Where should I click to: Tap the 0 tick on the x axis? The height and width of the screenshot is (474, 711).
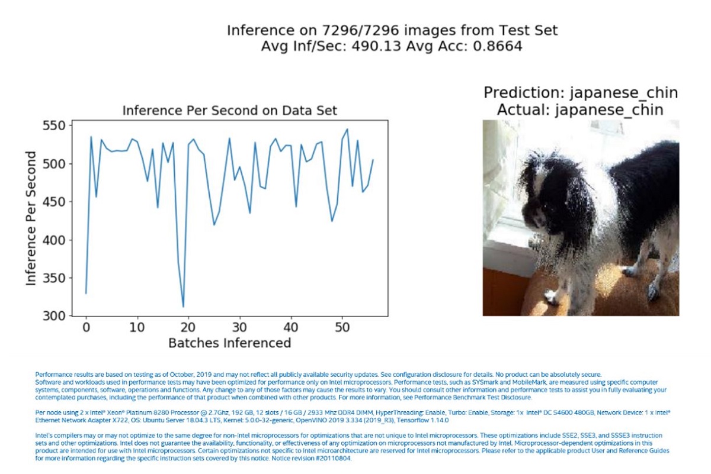(x=86, y=327)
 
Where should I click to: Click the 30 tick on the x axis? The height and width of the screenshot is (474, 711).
(x=239, y=327)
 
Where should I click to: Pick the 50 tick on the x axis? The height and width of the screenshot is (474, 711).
(x=342, y=327)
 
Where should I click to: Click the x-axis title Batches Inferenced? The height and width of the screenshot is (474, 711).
(x=229, y=343)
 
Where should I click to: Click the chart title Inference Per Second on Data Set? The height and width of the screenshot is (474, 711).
(x=229, y=111)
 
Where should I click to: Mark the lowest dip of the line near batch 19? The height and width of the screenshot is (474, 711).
(x=183, y=307)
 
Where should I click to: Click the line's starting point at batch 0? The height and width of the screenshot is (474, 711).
(x=86, y=293)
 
